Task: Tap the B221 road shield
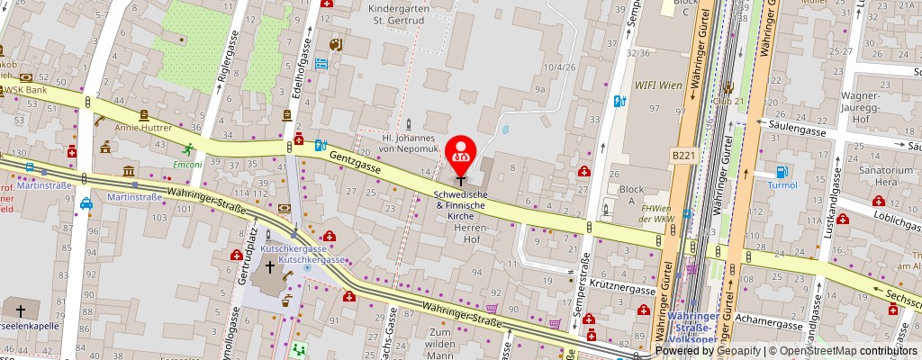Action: click(683, 156)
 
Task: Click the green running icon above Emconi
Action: click(189, 149)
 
